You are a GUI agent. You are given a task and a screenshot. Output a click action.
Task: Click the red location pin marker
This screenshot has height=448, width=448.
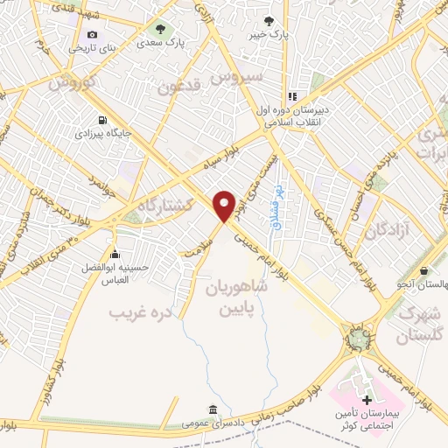click(225, 205)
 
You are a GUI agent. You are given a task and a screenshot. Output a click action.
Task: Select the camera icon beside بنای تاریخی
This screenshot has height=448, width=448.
click(92, 34)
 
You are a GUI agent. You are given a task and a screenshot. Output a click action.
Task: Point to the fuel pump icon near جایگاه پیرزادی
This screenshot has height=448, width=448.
click(105, 121)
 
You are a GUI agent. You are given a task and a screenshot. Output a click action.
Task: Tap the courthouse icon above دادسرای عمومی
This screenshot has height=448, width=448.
click(213, 409)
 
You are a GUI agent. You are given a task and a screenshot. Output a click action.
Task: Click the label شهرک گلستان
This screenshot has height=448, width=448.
click(420, 322)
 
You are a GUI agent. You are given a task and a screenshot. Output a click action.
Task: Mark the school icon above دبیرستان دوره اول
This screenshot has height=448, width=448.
click(293, 97)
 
